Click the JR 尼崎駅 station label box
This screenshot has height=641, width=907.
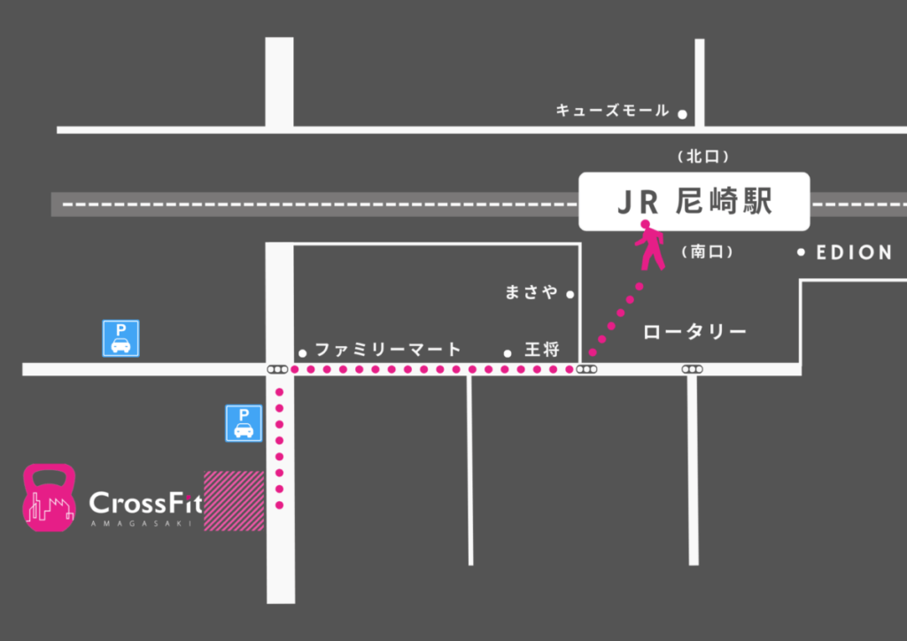(x=694, y=202)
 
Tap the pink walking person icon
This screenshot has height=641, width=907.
(x=650, y=245)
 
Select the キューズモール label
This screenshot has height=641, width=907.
(x=613, y=111)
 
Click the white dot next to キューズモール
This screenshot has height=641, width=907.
(x=682, y=113)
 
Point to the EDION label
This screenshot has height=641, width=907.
(x=854, y=252)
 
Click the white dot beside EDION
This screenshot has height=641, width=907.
(x=801, y=252)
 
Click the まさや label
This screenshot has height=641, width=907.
(x=531, y=292)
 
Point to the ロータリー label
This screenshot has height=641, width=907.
(x=694, y=333)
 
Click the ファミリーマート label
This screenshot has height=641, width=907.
(x=388, y=349)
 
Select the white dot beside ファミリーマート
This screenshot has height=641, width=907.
(x=303, y=351)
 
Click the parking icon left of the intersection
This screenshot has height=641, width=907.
(x=120, y=338)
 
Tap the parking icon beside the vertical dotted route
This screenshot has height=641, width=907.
(x=244, y=423)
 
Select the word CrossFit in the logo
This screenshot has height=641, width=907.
(x=145, y=504)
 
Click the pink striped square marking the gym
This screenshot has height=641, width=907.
(x=234, y=501)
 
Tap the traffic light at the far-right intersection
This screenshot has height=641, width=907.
(x=692, y=368)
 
